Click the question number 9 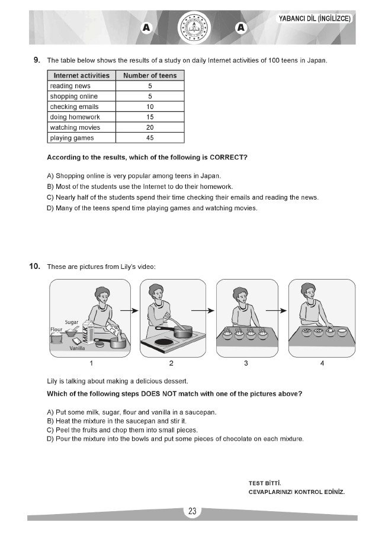(x=36, y=60)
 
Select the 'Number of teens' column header (x=150, y=75)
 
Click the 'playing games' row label (x=72, y=138)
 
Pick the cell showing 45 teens (x=150, y=138)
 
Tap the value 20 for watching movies (x=150, y=127)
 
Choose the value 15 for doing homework (x=150, y=117)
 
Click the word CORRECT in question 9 (x=227, y=158)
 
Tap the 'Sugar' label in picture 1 (x=71, y=322)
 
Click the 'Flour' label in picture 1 (x=56, y=329)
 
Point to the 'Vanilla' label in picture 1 (x=77, y=349)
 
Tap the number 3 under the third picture (x=245, y=363)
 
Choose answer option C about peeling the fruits (x=122, y=429)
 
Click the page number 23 (x=192, y=512)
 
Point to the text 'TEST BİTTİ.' (x=265, y=483)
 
